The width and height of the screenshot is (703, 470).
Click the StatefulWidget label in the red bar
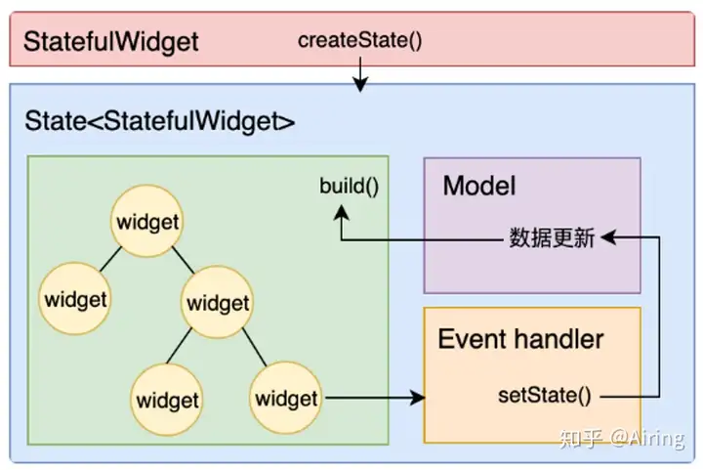[110, 42]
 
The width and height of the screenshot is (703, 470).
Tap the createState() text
[359, 40]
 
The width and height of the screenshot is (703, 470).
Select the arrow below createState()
[360, 74]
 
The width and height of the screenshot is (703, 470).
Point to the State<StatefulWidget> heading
[159, 121]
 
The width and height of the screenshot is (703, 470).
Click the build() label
[350, 186]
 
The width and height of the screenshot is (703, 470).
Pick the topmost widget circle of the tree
[147, 221]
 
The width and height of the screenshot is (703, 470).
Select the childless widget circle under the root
[75, 299]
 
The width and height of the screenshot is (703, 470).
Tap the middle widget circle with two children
[218, 302]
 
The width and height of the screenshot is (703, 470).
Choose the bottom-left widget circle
[167, 400]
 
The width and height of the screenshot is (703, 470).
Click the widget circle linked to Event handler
[285, 398]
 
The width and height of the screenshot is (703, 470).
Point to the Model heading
[479, 186]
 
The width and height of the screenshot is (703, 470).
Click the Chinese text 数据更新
[552, 237]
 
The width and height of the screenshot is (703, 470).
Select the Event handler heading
[520, 339]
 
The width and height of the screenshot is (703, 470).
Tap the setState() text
[545, 395]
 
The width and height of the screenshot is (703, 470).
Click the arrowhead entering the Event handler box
[418, 398]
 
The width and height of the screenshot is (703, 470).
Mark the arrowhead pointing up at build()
[342, 212]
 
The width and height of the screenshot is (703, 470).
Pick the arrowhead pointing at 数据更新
[608, 237]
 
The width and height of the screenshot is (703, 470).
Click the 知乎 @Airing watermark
[622, 438]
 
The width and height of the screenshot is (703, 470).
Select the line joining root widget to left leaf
[110, 259]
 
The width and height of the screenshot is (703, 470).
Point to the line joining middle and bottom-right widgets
[255, 347]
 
